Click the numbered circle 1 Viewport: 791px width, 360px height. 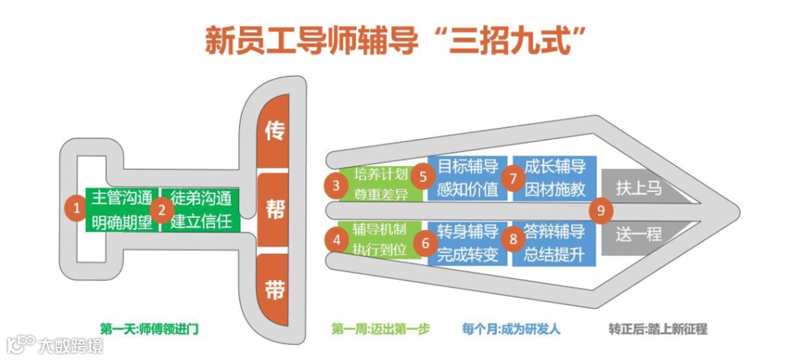(75, 209)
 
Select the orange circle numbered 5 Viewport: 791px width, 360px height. (424, 176)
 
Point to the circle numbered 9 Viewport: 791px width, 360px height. (601, 210)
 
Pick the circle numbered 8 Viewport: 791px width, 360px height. (514, 240)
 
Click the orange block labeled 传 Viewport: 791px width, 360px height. (274, 132)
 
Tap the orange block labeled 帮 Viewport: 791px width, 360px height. (274, 210)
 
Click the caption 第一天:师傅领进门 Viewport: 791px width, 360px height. (150, 329)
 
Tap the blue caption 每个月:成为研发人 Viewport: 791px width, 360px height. (511, 329)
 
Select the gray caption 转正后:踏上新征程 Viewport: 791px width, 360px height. (658, 329)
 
